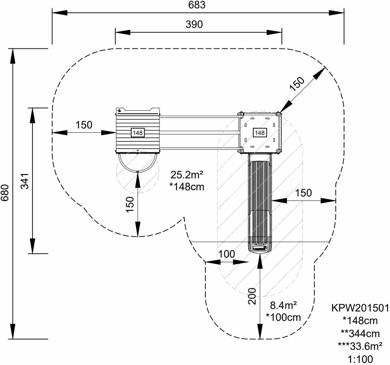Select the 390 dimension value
pyautogui.click(x=194, y=24)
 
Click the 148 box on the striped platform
pyautogui.click(x=138, y=133)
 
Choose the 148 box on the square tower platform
pyautogui.click(x=260, y=133)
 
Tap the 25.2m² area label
pyautogui.click(x=187, y=175)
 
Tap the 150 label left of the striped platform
pyautogui.click(x=84, y=125)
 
